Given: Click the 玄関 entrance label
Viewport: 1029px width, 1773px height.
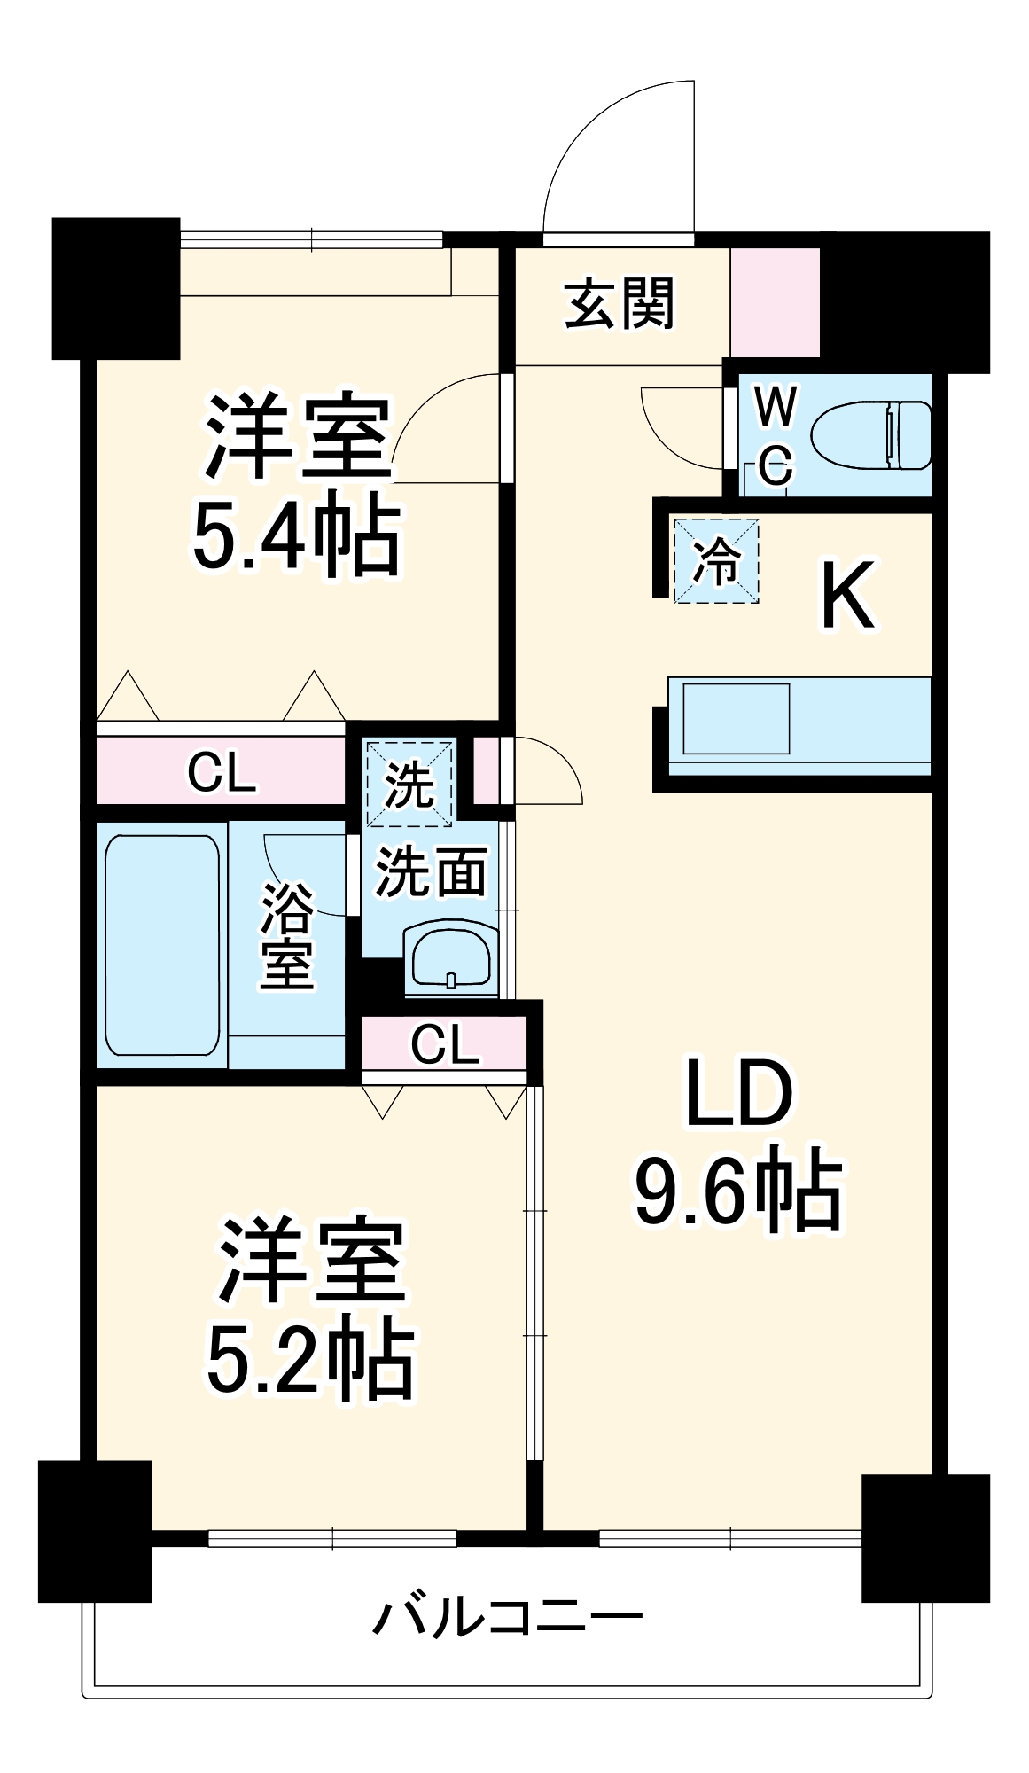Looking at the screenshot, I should pos(620,304).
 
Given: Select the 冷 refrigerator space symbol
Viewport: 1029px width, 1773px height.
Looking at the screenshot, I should pos(716,561).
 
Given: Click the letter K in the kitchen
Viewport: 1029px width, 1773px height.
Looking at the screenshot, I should pos(847,596).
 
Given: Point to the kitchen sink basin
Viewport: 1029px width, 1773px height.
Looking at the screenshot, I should pos(736,719).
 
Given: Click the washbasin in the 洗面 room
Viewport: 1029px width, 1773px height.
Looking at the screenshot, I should pos(451,960).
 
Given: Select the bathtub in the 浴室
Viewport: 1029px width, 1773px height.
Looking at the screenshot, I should pos(162,944).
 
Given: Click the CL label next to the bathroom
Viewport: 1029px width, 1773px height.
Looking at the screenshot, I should pos(222,773).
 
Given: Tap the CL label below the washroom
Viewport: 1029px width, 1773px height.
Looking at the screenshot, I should pos(445,1044).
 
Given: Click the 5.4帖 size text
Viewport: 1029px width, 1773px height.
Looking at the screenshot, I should pos(296,535).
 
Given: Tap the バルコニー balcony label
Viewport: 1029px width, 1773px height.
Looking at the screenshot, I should pos(507,1618).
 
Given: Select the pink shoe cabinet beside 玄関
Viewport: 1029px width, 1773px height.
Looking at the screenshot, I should pos(775,302).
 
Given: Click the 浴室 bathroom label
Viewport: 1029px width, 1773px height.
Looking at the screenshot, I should pos(286,935).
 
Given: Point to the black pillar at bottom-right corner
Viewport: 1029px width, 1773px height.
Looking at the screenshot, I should pos(924,1538).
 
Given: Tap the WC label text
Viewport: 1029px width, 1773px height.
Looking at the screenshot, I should pos(776,435).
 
